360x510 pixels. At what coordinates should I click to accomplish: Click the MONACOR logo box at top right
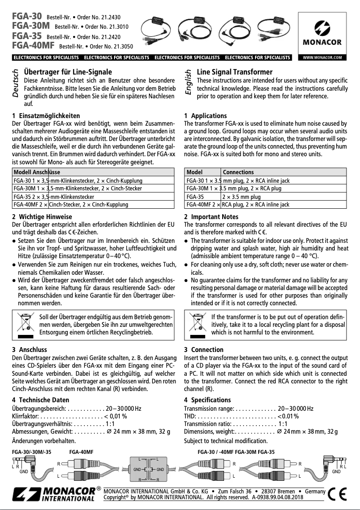[x=321, y=33]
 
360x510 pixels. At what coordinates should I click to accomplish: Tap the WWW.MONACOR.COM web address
[x=322, y=57]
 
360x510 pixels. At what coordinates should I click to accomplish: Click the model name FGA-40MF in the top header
[x=34, y=46]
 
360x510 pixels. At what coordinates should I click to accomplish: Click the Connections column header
[x=238, y=172]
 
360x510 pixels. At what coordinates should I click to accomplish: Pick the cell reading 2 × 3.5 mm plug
[x=241, y=197]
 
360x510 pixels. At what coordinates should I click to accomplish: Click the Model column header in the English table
[x=194, y=172]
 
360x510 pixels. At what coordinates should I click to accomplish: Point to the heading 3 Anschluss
[x=29, y=349]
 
